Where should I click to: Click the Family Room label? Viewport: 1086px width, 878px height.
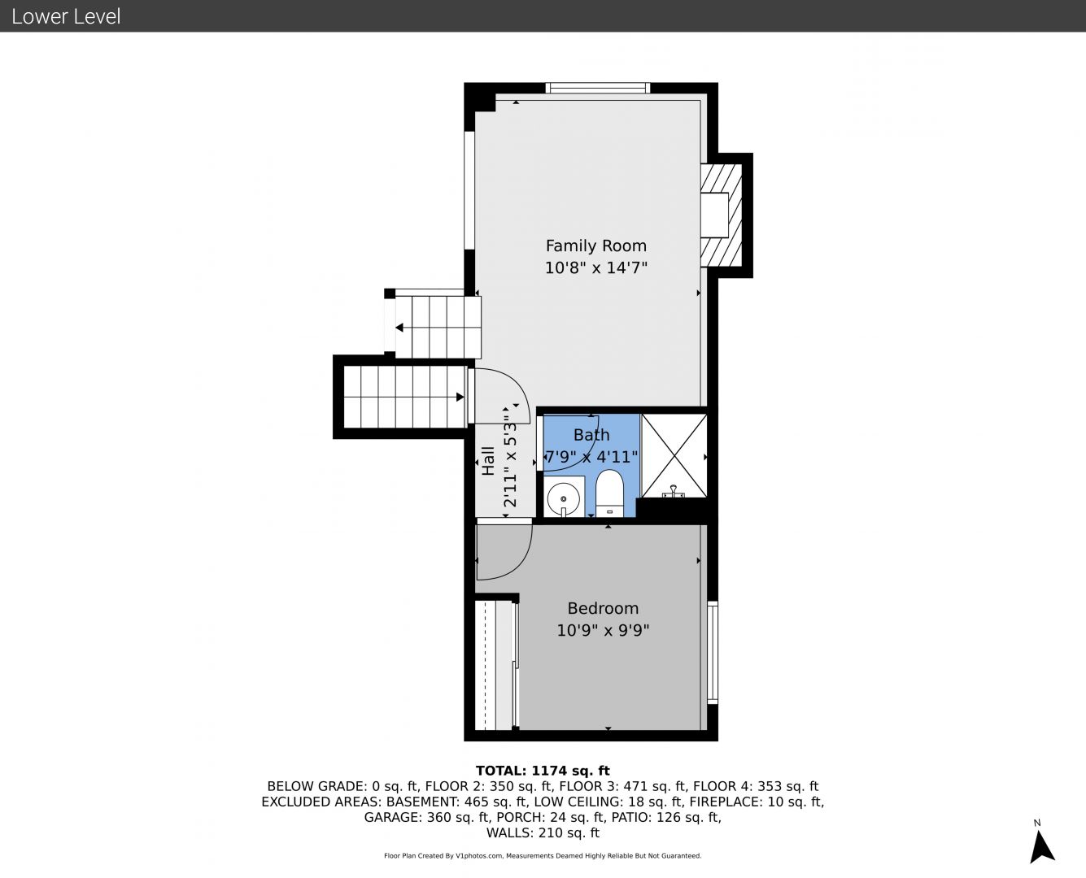pos(596,246)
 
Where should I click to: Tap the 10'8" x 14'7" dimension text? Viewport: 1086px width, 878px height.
pos(596,267)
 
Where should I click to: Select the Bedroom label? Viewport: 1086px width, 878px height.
pos(603,608)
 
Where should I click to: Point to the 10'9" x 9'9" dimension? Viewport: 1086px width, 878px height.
pos(603,630)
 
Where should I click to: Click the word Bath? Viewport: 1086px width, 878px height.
pos(591,435)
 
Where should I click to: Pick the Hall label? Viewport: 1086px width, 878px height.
pos(488,461)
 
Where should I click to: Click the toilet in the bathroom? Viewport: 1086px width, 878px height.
pos(610,493)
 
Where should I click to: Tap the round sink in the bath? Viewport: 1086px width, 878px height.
pos(564,498)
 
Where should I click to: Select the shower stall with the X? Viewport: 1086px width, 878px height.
pos(674,455)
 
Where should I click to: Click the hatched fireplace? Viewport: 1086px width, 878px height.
pos(721,215)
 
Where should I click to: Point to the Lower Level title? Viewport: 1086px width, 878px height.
pos(66,16)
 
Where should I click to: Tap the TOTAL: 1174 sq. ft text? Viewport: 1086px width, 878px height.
pos(543,771)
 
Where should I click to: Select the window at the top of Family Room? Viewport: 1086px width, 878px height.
pos(598,88)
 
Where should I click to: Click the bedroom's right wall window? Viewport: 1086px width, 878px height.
pos(713,652)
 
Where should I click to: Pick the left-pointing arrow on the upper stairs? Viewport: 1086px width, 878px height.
pos(400,328)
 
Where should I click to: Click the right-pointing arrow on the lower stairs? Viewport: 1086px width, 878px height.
pos(460,397)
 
